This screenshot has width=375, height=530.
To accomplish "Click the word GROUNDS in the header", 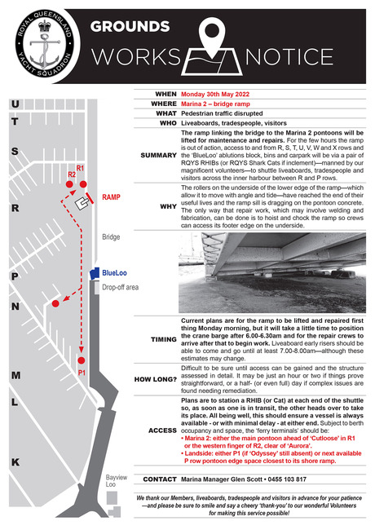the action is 130,27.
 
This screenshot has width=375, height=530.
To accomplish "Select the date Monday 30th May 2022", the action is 215,95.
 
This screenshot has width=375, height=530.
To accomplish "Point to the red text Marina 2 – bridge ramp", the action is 215,104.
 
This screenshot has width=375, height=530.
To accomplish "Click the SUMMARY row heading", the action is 158,155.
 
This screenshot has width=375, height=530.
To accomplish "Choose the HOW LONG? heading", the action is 156,379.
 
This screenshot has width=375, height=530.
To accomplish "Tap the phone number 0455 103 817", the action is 287,479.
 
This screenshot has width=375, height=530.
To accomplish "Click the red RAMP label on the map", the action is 111,197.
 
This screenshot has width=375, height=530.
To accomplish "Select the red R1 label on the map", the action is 80,168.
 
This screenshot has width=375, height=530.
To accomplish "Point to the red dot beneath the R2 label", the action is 69,184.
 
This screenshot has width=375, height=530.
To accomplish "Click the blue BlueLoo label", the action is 114,273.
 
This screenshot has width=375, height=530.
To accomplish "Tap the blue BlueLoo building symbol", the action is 95,273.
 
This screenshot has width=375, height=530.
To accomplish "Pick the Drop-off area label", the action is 121,287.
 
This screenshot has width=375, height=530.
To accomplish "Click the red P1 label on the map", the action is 82,373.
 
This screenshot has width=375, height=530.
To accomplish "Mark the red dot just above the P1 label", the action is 81,360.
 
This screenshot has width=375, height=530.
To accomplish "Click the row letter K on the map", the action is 15,462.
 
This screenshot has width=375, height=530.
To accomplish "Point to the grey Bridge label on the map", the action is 111,237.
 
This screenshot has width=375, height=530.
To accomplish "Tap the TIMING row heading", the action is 164,339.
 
